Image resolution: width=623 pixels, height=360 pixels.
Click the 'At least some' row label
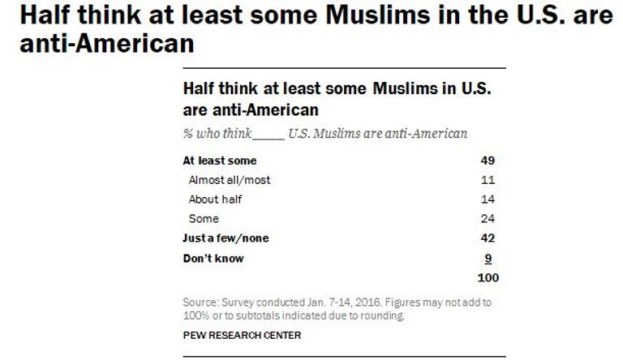(220, 161)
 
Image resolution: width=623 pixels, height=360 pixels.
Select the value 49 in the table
(487, 161)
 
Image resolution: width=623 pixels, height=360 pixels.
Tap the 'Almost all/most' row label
(230, 180)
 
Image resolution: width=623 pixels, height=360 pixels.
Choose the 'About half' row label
(216, 199)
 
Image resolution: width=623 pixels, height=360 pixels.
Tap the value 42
(487, 238)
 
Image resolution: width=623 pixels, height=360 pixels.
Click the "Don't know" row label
(214, 259)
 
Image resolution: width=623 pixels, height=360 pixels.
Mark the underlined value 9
(490, 259)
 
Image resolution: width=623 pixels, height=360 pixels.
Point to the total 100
(488, 278)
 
